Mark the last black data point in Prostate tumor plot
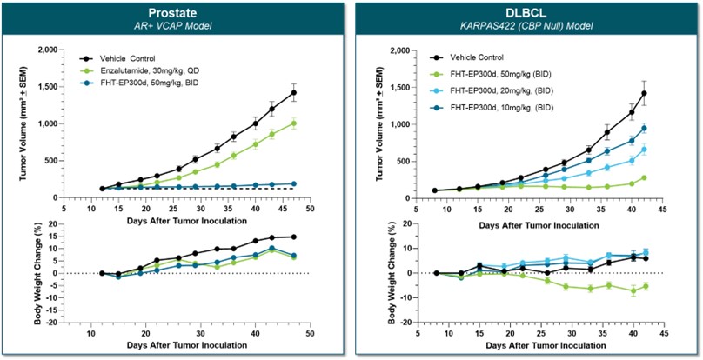pos(294,92)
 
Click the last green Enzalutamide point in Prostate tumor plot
pos(294,123)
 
